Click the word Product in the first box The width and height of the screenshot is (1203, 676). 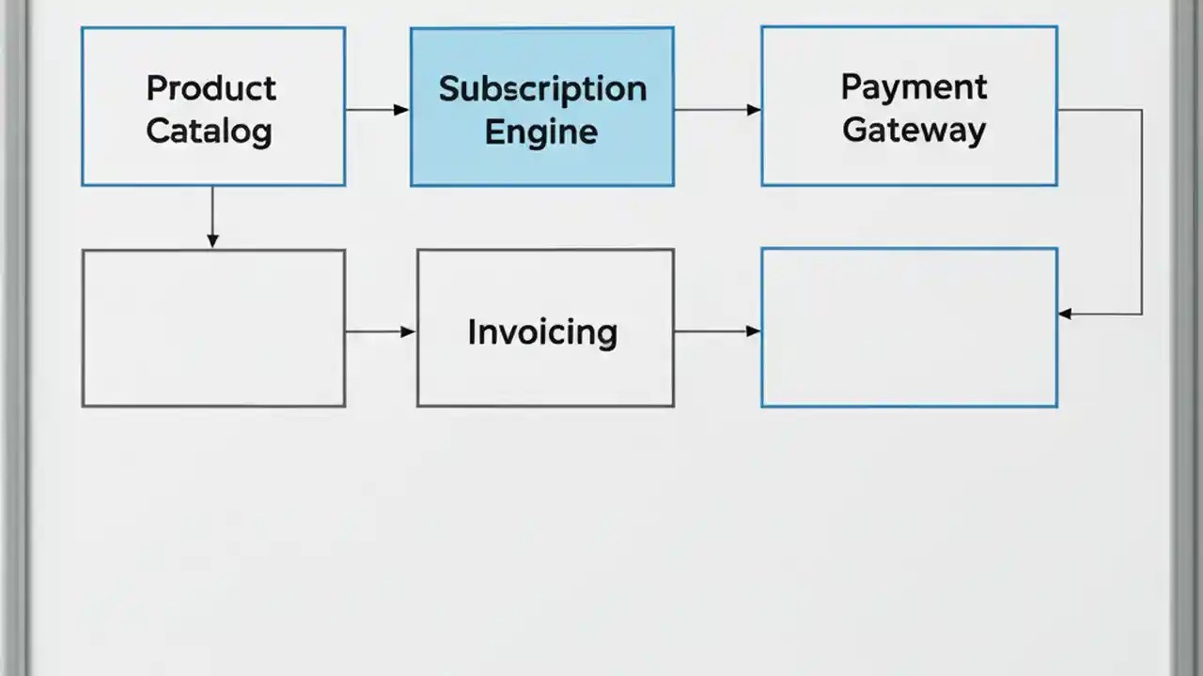tap(211, 88)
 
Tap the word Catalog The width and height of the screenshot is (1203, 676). tap(209, 131)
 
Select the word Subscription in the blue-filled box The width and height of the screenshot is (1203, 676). tap(542, 89)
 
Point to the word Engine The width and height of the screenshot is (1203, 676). tap(540, 131)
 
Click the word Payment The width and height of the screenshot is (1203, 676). tap(914, 87)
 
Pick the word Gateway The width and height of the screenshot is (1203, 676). tap(914, 130)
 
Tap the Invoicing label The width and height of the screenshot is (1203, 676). tap(542, 332)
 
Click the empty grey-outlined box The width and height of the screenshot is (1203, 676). tap(213, 328)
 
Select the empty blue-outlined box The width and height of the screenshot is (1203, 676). tap(909, 328)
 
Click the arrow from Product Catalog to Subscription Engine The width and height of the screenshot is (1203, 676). tap(376, 110)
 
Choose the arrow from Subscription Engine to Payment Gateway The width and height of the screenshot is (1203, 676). tap(716, 110)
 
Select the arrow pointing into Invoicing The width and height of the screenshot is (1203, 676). tap(380, 331)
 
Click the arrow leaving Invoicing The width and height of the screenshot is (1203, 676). tap(716, 331)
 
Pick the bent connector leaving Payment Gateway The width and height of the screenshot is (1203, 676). tap(1142, 211)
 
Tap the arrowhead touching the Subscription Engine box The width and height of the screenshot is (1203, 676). tap(402, 110)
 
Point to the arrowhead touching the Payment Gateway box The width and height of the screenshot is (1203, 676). tap(754, 110)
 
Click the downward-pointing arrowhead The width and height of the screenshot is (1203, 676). tap(212, 241)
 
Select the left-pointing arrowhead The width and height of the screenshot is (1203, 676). tap(1066, 315)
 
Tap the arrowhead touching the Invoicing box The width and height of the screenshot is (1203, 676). tap(409, 331)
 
